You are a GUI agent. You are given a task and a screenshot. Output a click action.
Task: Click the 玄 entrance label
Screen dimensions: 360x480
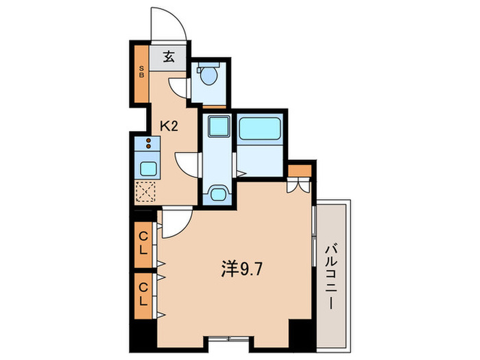169,57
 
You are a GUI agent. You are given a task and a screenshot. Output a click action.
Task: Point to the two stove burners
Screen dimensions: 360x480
147,143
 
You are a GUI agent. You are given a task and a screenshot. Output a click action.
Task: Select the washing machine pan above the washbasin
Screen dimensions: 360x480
217,126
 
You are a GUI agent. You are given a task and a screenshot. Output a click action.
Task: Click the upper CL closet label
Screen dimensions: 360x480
144,243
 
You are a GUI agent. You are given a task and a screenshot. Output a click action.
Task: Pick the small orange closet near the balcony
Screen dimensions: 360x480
300,170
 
